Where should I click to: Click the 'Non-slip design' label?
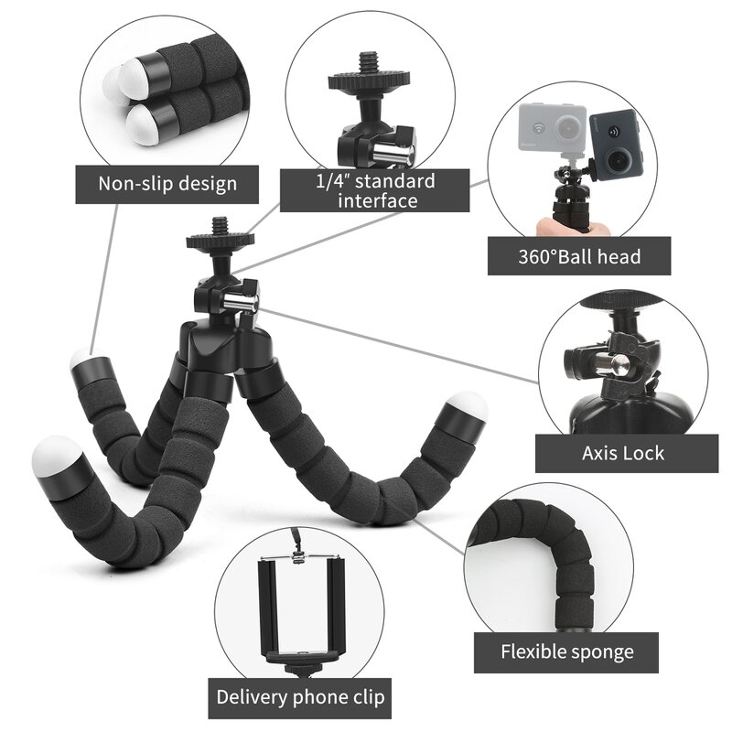(x=167, y=183)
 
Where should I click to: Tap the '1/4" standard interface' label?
(x=375, y=190)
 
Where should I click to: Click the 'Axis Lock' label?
(x=623, y=453)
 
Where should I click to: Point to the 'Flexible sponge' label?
(x=566, y=652)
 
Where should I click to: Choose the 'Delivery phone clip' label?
(x=301, y=697)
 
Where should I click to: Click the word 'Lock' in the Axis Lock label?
(x=645, y=453)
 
